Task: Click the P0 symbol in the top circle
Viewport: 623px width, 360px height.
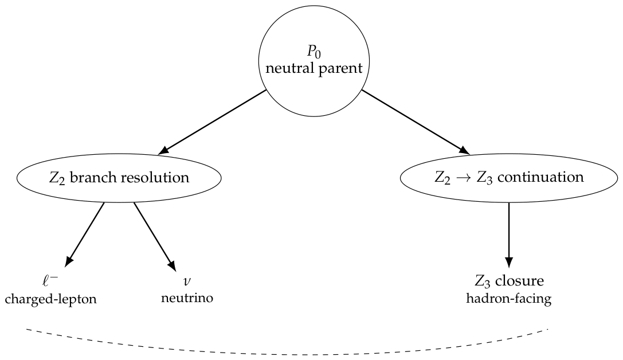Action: tap(314, 52)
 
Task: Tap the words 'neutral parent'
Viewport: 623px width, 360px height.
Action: tap(314, 68)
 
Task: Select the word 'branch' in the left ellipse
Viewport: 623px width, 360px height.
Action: tap(93, 177)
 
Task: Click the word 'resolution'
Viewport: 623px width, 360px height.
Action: tap(155, 177)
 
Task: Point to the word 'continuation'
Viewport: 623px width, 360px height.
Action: tap(540, 177)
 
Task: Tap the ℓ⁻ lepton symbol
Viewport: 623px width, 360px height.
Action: tap(50, 281)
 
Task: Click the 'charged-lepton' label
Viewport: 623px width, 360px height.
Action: tap(51, 299)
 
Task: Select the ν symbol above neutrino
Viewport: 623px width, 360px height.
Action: tap(187, 281)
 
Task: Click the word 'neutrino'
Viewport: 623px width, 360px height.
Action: tap(187, 298)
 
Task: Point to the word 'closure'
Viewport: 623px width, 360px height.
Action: tap(519, 281)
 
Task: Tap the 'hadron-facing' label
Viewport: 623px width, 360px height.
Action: tap(508, 299)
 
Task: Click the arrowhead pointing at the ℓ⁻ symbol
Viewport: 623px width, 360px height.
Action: tap(68, 261)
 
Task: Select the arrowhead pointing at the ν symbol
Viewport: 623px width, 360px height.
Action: tap(172, 266)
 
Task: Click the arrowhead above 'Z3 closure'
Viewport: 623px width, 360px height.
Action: tap(508, 263)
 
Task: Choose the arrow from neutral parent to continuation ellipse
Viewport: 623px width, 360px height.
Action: tap(416, 122)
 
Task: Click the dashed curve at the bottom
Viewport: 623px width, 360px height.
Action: tap(287, 353)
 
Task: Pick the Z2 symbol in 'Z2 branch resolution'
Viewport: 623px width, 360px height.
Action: tap(57, 178)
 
